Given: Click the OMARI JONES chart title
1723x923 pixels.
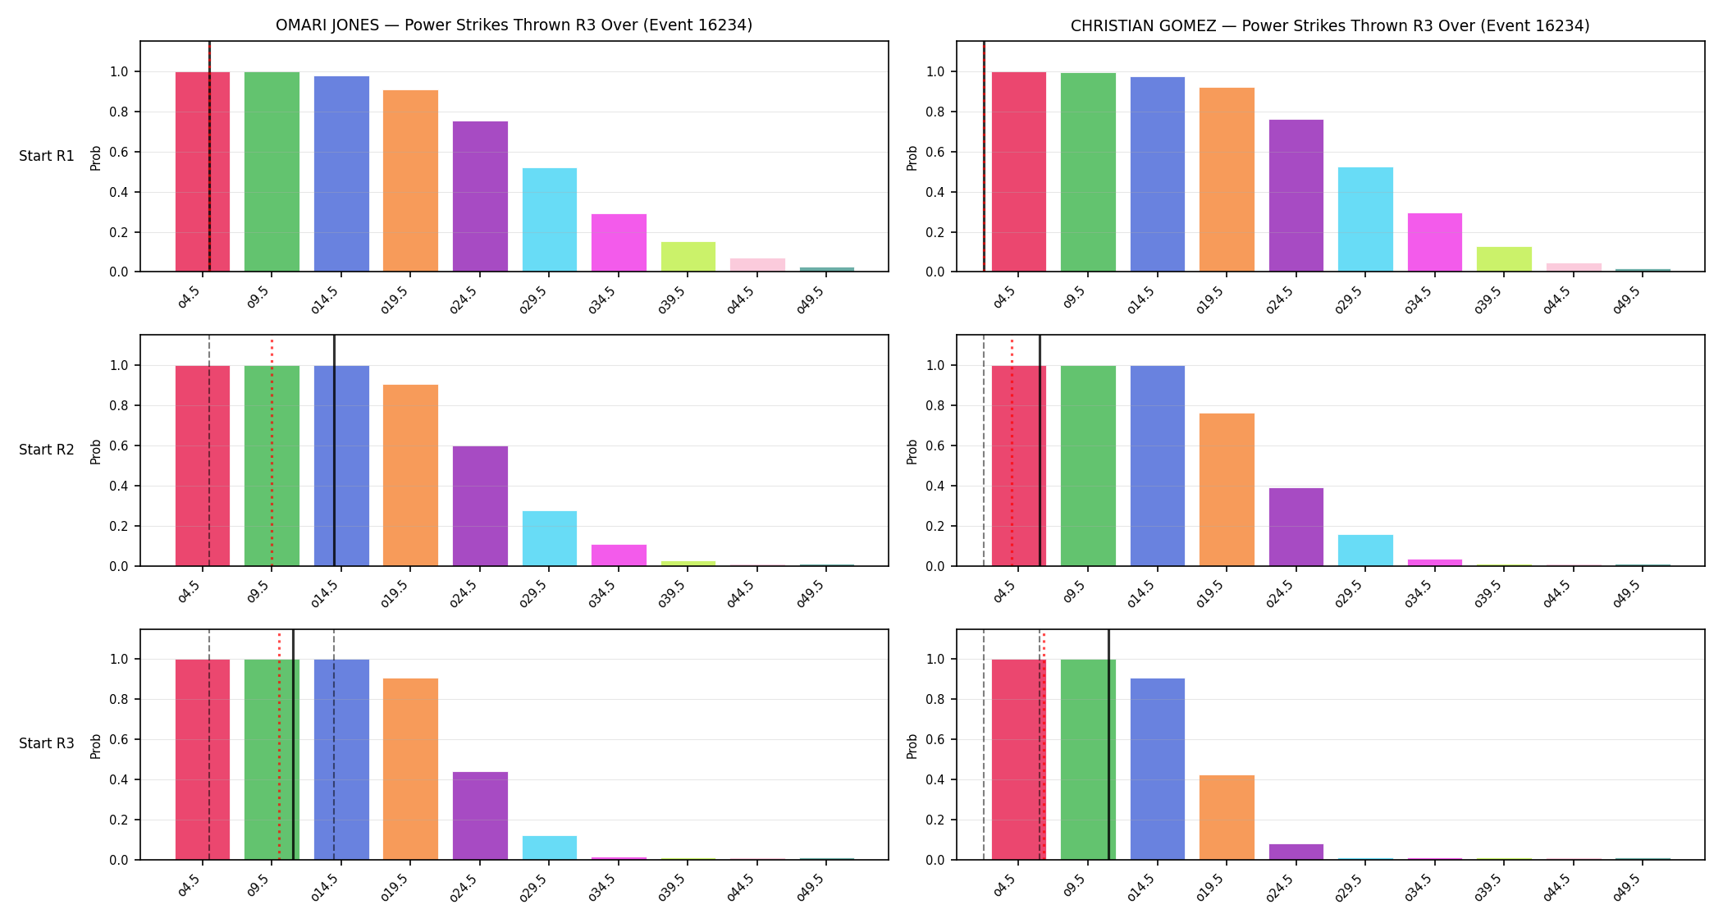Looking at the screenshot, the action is tap(514, 25).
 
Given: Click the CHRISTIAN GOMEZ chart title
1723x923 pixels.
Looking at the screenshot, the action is tap(1330, 25).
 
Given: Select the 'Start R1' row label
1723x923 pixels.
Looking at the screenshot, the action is tap(47, 156).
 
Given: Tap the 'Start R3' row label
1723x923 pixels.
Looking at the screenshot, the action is tap(47, 743).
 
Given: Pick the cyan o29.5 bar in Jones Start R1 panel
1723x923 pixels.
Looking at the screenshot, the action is tap(550, 220).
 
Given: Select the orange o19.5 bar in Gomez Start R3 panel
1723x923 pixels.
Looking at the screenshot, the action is tap(1227, 817).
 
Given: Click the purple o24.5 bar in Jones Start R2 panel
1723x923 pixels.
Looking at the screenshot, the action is tap(480, 506).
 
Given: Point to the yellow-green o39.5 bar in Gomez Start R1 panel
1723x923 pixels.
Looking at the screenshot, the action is tap(1504, 259).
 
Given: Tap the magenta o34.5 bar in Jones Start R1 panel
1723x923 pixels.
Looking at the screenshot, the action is tap(619, 243).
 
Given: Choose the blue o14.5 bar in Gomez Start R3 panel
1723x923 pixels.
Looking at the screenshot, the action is tap(1158, 769).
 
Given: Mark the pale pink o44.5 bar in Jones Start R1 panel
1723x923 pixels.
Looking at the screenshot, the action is tap(757, 265).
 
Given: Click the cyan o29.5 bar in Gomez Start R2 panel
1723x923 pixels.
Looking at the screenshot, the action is tap(1365, 551).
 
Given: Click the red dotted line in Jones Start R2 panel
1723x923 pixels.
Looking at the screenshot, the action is tap(272, 450).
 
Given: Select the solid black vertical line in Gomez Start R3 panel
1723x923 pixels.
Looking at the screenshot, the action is tap(1108, 744).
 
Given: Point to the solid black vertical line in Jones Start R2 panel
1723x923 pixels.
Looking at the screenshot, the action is tap(334, 450).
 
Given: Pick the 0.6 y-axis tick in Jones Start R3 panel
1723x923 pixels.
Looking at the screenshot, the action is tap(119, 740).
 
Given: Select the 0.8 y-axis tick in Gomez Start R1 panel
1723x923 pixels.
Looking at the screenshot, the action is tap(935, 112).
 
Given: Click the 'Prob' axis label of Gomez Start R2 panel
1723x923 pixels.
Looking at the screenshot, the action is tap(912, 451).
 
